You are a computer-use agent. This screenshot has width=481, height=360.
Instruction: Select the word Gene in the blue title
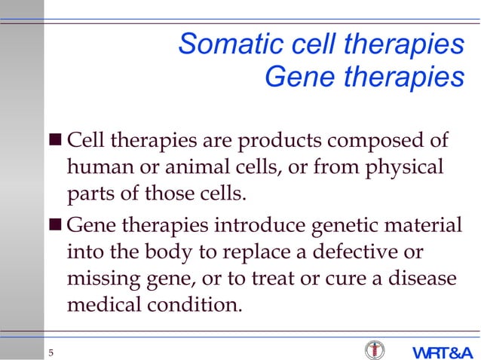(x=295, y=76)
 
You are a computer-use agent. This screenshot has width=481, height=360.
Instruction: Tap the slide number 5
(x=51, y=354)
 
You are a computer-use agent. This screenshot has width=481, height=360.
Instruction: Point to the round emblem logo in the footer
(x=374, y=351)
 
